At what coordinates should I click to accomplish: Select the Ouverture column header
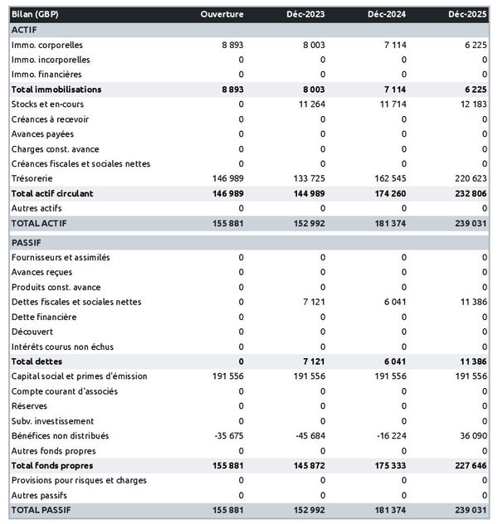pyautogui.click(x=222, y=15)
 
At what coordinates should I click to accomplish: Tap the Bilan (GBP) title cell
pyautogui.click(x=36, y=15)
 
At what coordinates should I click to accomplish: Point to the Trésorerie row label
pyautogui.click(x=32, y=178)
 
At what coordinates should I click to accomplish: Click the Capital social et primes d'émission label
pyautogui.click(x=80, y=376)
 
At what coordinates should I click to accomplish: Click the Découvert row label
pyautogui.click(x=34, y=332)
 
